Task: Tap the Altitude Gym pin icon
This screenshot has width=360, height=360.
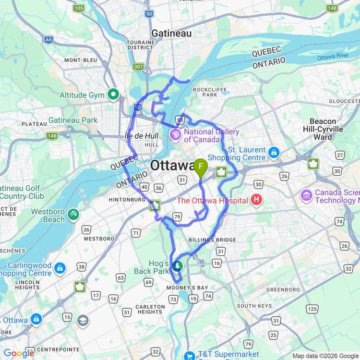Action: [113, 95]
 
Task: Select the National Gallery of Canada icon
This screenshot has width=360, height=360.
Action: [176, 135]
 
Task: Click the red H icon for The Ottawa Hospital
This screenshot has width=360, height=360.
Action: [257, 200]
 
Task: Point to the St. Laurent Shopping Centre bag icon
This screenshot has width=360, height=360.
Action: [274, 153]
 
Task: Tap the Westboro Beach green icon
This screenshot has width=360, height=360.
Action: [73, 214]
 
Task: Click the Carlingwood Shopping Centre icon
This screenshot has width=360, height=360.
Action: [60, 267]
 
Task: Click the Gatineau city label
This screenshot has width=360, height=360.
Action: [171, 33]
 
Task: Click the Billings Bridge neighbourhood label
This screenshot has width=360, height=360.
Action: [212, 240]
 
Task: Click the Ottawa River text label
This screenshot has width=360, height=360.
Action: [336, 58]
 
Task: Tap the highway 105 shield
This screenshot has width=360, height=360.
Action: [79, 8]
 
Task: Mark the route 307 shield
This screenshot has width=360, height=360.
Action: [139, 67]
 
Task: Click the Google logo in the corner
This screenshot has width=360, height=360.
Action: [18, 353]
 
